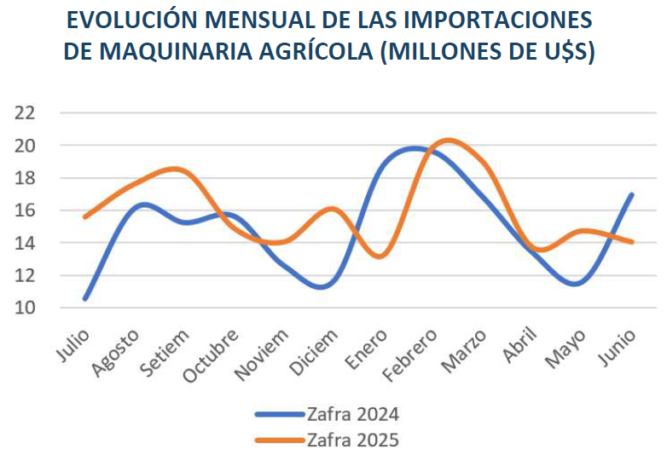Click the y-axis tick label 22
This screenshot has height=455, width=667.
(x=24, y=112)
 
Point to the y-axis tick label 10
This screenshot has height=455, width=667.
(x=24, y=307)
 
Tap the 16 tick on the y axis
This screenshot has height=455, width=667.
(x=24, y=210)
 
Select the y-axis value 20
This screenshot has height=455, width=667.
(x=24, y=145)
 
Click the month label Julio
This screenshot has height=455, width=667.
(x=72, y=345)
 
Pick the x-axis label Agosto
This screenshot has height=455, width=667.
(x=116, y=353)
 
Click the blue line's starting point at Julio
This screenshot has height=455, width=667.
(x=84, y=298)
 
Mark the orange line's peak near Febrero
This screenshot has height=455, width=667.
(x=449, y=140)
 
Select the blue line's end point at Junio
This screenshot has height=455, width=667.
(x=631, y=194)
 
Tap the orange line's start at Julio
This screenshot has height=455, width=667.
(x=84, y=216)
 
